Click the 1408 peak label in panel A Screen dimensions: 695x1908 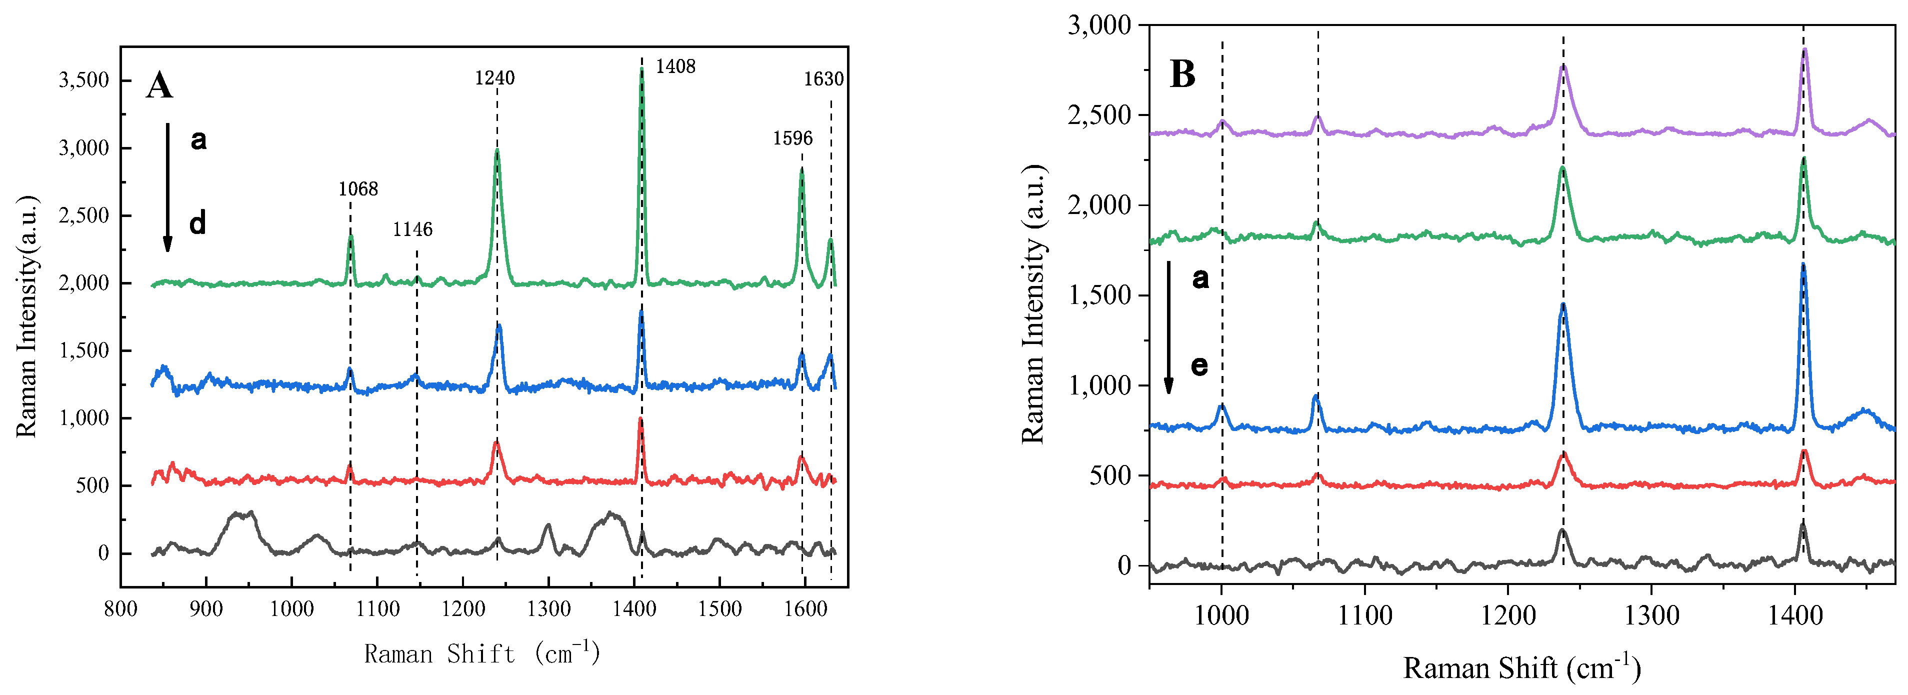pyautogui.click(x=675, y=66)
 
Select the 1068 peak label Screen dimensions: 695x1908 pyautogui.click(x=358, y=189)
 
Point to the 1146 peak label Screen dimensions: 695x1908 pyautogui.click(x=412, y=229)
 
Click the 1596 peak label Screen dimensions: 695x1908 pyautogui.click(x=792, y=138)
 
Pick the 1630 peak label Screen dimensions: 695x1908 pyautogui.click(x=823, y=79)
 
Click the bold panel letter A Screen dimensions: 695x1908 pyautogui.click(x=159, y=86)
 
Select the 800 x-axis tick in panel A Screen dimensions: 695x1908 pyautogui.click(x=120, y=610)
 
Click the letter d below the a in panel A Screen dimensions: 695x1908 pyautogui.click(x=197, y=223)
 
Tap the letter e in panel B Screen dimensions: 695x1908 pyautogui.click(x=1199, y=365)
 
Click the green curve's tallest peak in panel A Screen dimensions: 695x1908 pyautogui.click(x=641, y=69)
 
